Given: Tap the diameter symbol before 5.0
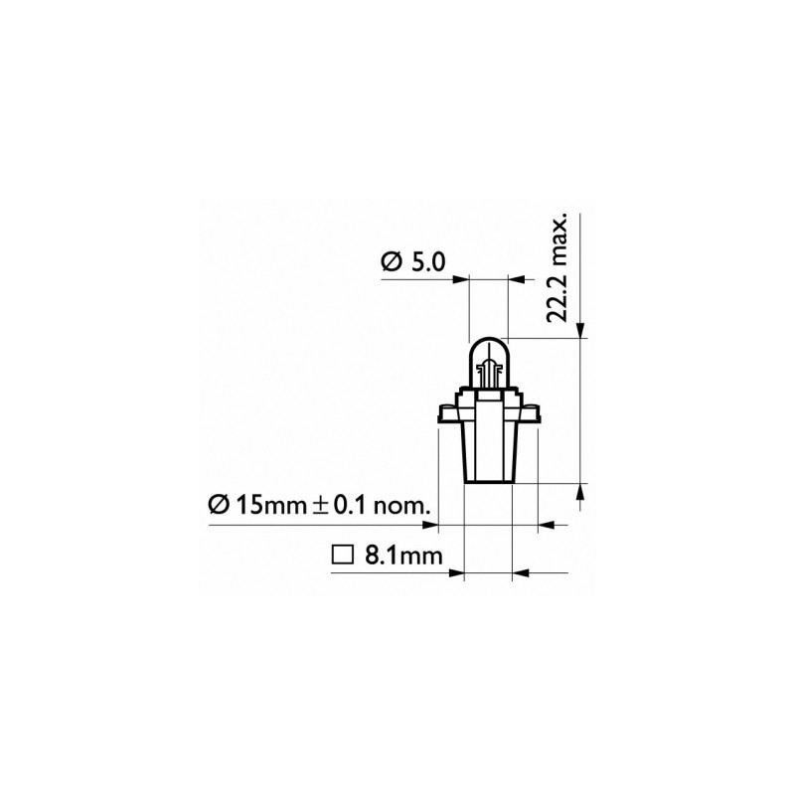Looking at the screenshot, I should click(391, 262).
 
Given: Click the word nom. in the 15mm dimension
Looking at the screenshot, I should click(397, 505).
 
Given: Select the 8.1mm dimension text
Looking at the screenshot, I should click(402, 556).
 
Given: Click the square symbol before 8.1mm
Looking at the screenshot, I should click(343, 556).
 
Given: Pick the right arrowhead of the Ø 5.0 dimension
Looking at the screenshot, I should click(515, 280).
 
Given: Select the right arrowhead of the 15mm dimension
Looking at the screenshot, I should click(545, 523).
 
